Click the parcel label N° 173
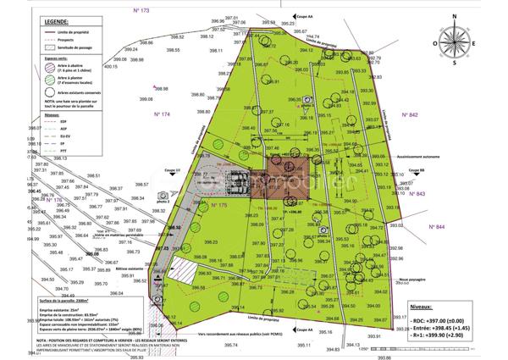pos(141,9)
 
